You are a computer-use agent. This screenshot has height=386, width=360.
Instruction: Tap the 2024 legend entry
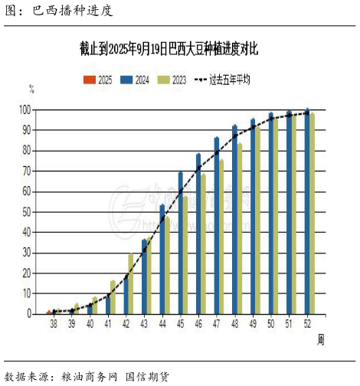click(x=136, y=79)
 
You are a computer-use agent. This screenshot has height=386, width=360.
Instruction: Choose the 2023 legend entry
click(x=173, y=79)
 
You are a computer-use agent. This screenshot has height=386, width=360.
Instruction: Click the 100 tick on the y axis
click(x=28, y=110)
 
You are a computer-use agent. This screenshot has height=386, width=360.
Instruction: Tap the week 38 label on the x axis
click(x=54, y=325)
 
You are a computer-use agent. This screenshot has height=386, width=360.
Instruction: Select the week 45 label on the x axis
click(x=181, y=325)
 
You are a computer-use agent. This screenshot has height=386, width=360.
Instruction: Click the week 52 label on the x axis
click(x=307, y=325)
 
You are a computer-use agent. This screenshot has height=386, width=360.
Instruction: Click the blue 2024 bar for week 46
click(x=198, y=234)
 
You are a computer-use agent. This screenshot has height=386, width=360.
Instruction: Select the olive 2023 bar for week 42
click(x=131, y=283)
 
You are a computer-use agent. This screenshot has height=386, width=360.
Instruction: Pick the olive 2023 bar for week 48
click(x=240, y=228)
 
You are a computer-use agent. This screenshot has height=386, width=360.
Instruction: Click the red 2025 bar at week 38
click(x=49, y=312)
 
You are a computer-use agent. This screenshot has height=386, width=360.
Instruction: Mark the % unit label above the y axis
click(x=31, y=90)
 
